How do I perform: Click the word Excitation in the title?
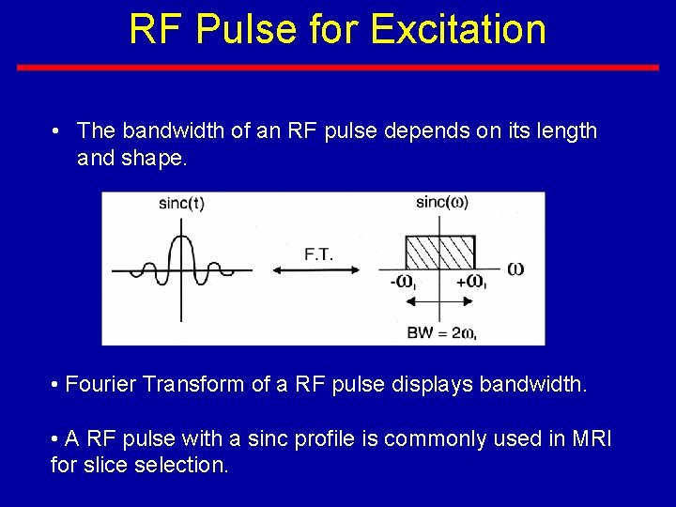[x=458, y=28]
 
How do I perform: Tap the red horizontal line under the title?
[x=338, y=68]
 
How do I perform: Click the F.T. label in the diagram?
[x=317, y=253]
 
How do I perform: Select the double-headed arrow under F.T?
[x=316, y=270]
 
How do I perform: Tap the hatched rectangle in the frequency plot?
[x=439, y=252]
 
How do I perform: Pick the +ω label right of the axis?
[x=470, y=281]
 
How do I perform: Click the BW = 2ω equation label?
[x=441, y=332]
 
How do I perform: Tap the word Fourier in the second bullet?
[x=100, y=385]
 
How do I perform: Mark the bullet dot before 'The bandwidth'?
[x=58, y=131]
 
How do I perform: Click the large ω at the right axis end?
[x=515, y=269]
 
